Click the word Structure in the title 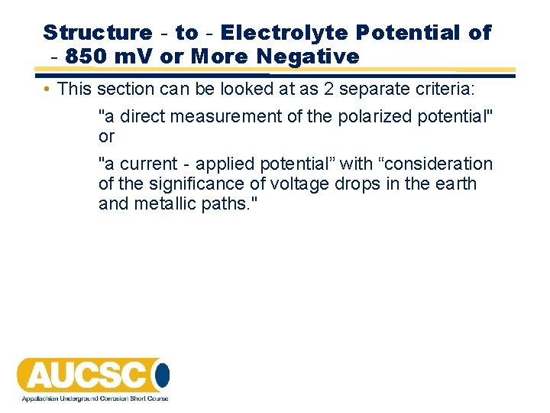[98, 33]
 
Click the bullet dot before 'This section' [47, 89]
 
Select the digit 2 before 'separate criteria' [328, 89]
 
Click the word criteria [445, 89]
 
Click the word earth [456, 184]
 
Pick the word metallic [159, 204]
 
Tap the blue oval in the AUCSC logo [161, 375]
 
